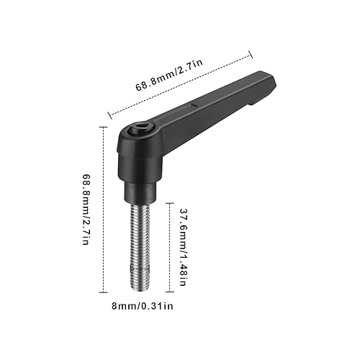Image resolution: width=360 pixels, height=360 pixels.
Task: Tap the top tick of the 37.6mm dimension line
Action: [168, 203]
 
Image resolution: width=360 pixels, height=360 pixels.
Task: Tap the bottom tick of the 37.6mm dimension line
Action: [168, 291]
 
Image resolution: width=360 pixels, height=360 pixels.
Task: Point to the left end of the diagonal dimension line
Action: [109, 113]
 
